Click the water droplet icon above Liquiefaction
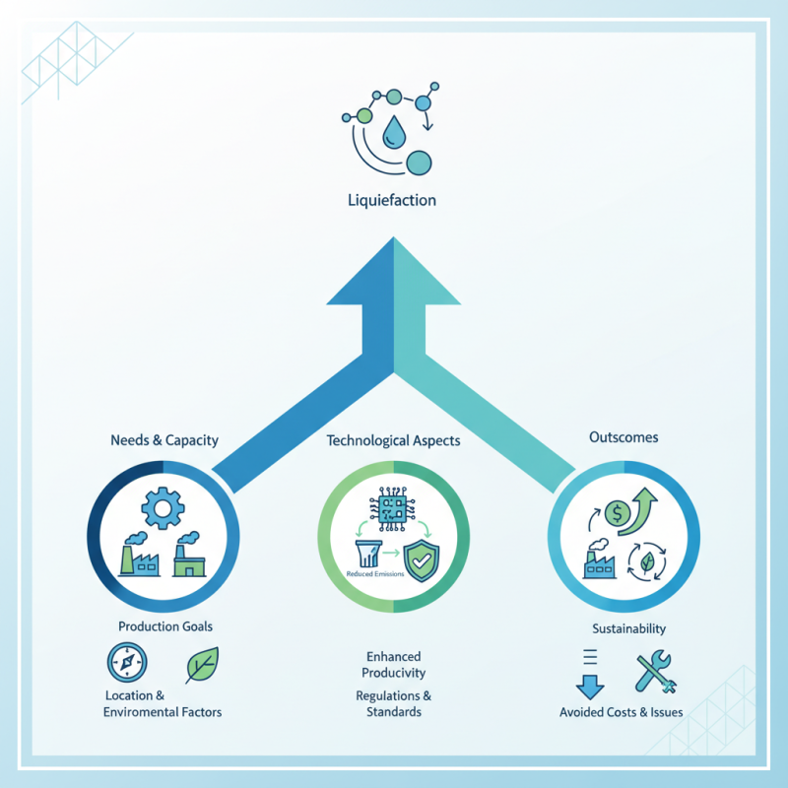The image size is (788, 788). (x=396, y=131)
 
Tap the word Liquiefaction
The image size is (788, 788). (x=392, y=200)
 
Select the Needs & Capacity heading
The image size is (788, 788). (x=164, y=440)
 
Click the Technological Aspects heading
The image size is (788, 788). (x=393, y=440)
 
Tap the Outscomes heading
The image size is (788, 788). (x=623, y=436)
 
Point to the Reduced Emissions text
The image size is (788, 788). (x=375, y=573)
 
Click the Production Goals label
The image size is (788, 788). (x=164, y=626)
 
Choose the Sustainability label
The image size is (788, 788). (x=628, y=628)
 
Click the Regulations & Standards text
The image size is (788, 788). (x=393, y=703)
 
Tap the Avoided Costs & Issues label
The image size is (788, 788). (x=621, y=712)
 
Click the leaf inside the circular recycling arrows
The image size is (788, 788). (x=649, y=563)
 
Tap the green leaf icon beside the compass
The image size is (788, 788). (x=202, y=665)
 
